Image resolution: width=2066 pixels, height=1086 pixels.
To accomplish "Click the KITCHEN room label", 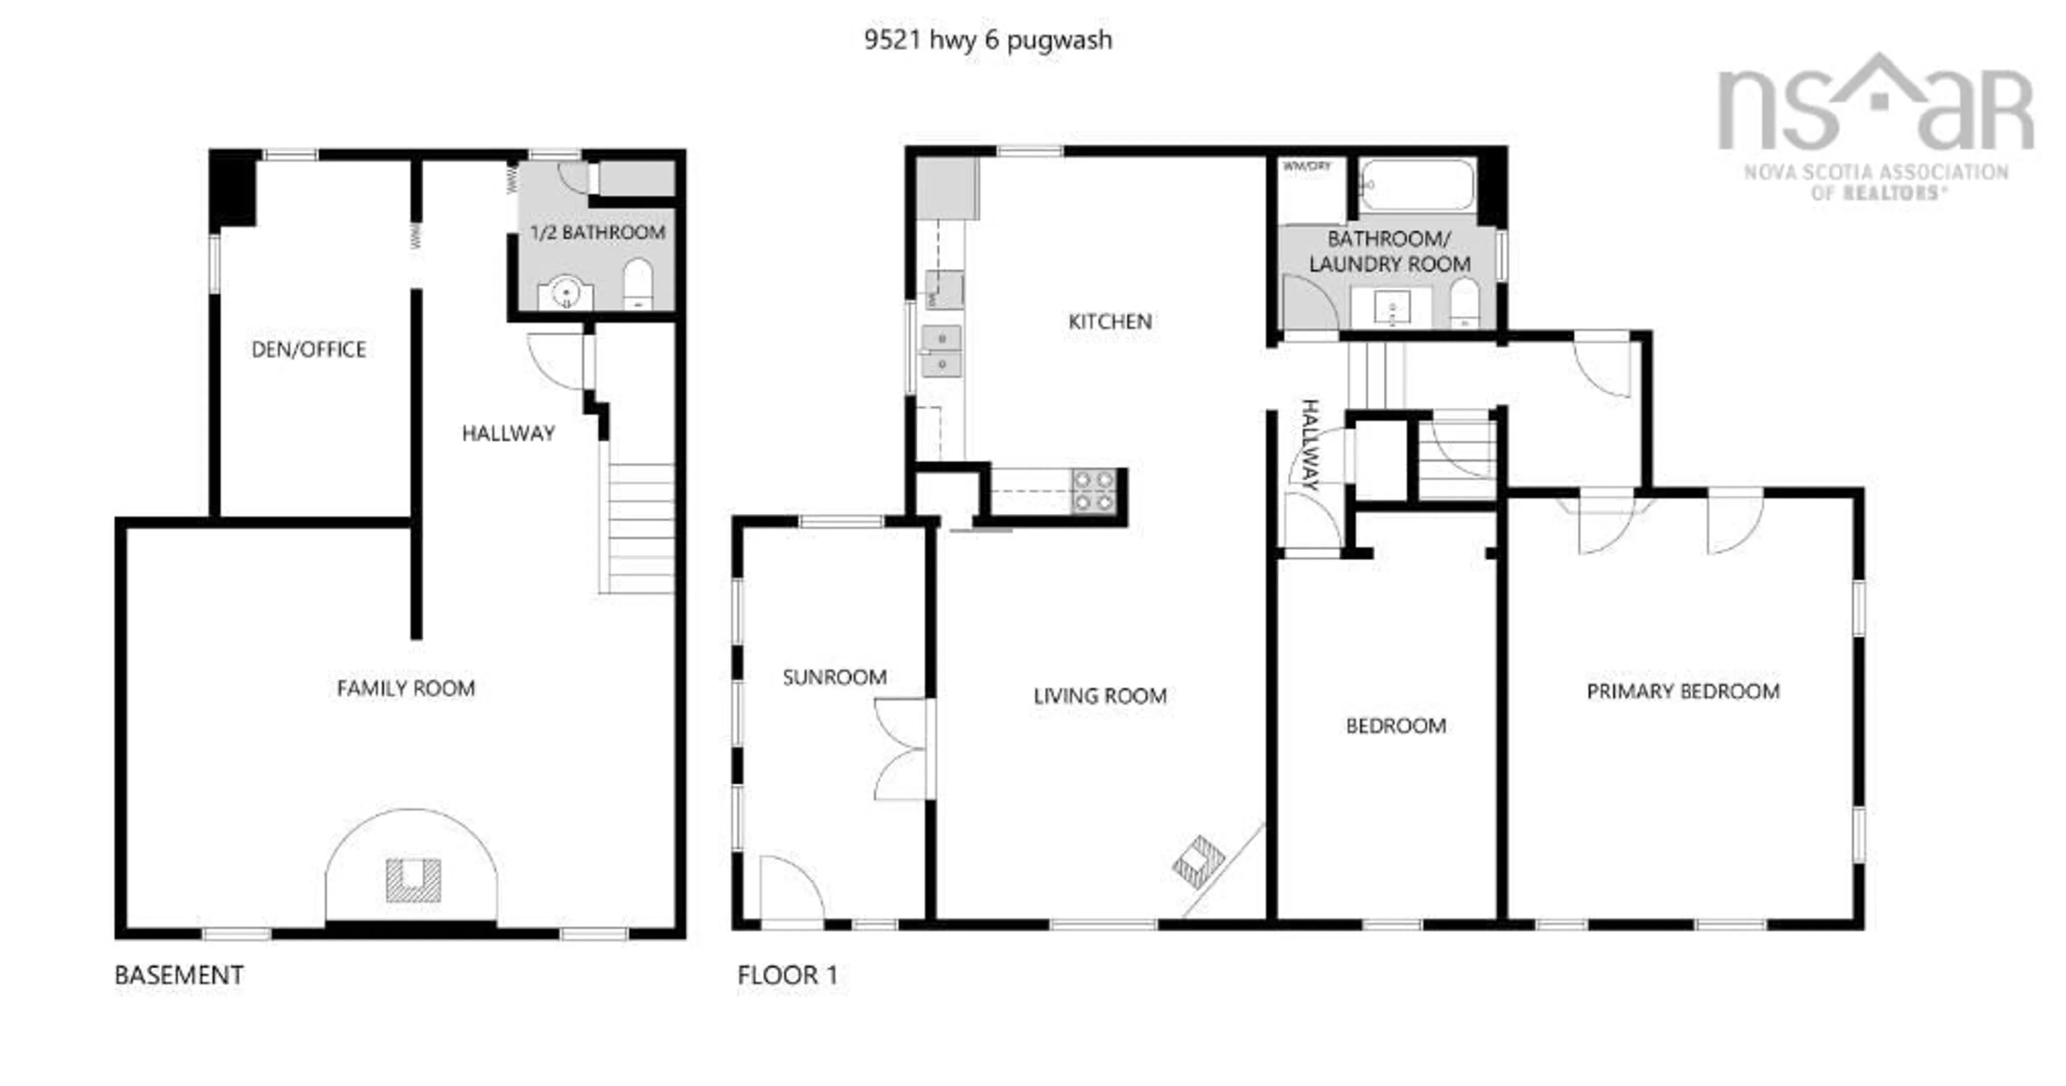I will pos(1110,322).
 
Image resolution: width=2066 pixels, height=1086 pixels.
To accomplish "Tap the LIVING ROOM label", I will pos(1100,696).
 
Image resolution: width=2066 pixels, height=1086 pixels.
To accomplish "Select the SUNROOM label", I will pos(834,678).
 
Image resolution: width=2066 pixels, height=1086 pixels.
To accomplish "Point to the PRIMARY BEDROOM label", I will pos(1682,691).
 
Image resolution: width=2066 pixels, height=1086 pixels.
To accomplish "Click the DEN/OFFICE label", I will pos(309,350).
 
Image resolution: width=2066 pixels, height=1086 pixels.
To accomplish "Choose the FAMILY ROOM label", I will pos(406,688).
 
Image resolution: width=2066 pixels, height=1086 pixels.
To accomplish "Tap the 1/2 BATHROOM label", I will pos(598,232).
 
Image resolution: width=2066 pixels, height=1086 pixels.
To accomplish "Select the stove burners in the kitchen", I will pos(1094,491).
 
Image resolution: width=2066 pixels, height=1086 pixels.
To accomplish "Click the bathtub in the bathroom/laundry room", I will pos(1417,186).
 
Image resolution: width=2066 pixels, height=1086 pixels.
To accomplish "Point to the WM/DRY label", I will pos(1306,166).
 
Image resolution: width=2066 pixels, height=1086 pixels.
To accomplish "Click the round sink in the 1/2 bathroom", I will pos(565,293).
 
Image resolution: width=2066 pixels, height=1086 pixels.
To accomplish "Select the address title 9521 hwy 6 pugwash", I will pos(988,39).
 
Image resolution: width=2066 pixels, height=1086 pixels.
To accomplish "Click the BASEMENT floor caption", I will pos(179,975).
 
